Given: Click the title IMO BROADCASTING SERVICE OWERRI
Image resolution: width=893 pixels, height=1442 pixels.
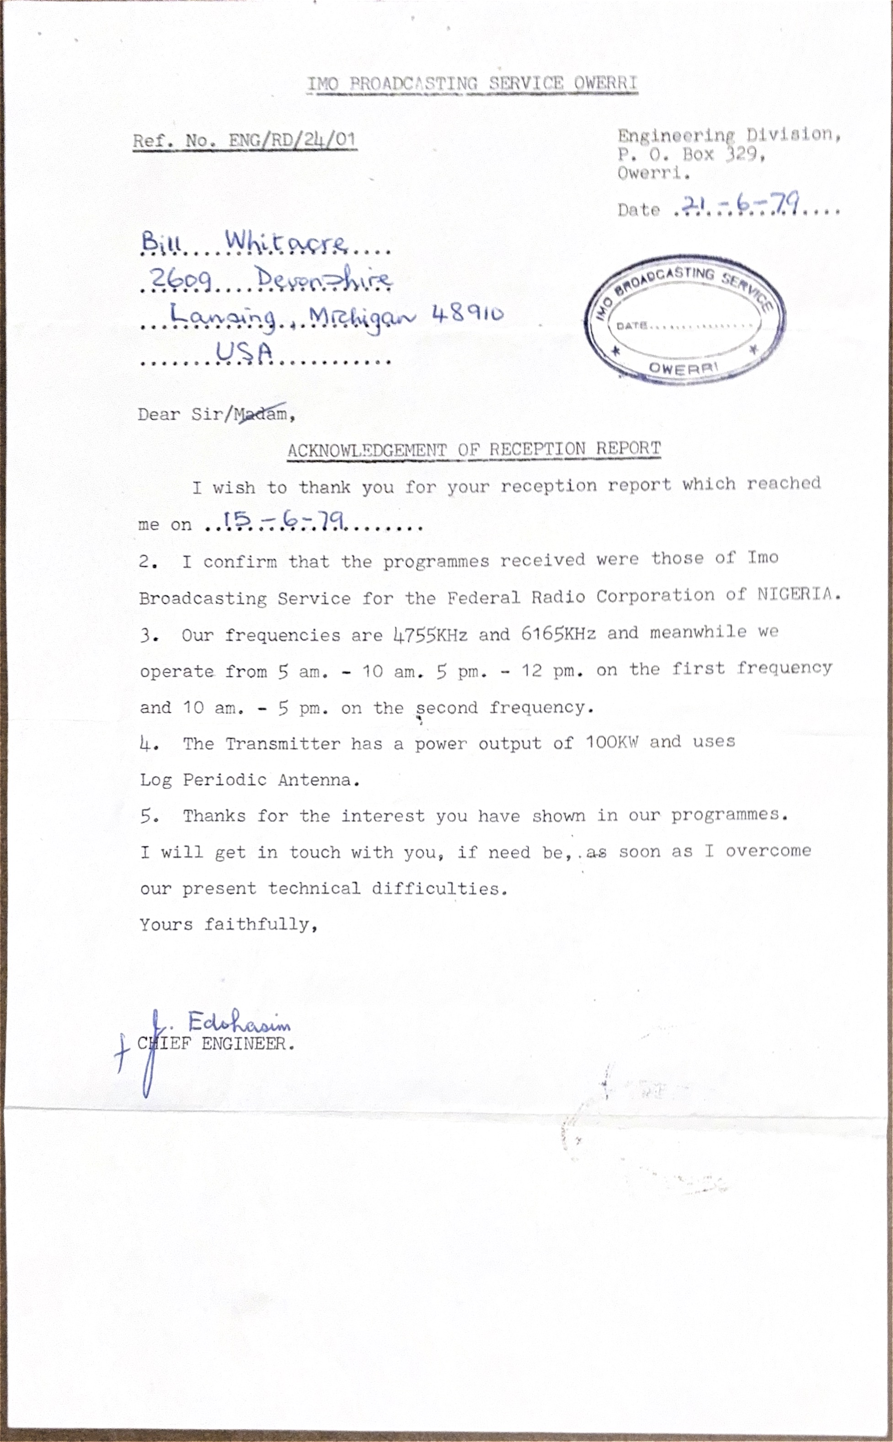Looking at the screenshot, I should (x=472, y=84).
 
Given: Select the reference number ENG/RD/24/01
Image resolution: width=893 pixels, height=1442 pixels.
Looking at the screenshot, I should (x=292, y=140).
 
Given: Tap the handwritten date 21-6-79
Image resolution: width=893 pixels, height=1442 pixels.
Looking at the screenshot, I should (x=741, y=204).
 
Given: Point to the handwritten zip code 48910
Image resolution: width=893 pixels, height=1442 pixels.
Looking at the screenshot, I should (x=468, y=313).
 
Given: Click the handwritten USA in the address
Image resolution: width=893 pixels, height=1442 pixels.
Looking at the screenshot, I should (x=244, y=352).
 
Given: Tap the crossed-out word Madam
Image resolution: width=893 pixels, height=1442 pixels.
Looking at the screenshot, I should (x=261, y=413).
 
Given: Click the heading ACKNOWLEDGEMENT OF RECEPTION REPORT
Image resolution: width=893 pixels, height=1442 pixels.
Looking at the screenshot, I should (x=474, y=449).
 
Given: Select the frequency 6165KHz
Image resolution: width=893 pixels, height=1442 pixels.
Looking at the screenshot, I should (x=558, y=634).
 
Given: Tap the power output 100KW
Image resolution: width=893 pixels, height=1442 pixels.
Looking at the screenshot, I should (x=611, y=742).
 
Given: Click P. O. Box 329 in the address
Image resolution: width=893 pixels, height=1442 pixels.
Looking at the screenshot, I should (x=691, y=155).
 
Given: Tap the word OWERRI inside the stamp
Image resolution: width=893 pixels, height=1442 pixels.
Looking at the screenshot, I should (x=683, y=368).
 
